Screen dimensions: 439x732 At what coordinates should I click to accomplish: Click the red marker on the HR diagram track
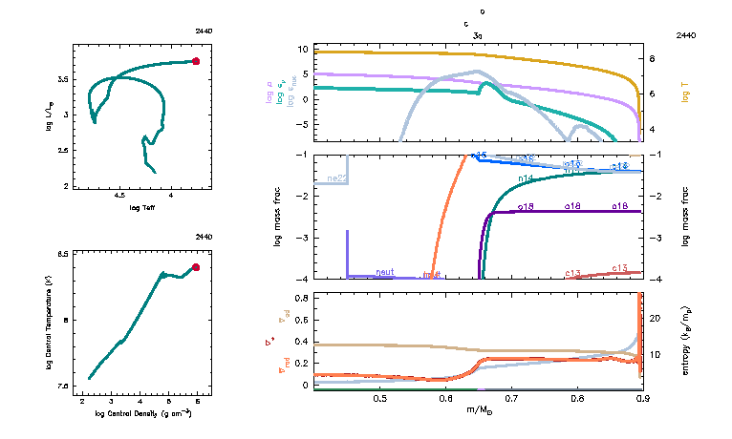click(196, 61)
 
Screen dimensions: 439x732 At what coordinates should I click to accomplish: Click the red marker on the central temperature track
click(196, 267)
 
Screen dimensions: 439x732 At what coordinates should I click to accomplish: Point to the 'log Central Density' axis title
click(143, 412)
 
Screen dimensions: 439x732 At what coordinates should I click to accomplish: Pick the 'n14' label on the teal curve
click(525, 178)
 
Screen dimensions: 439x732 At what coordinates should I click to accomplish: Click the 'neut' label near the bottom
click(385, 272)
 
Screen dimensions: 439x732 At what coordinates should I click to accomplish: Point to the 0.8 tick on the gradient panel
click(302, 298)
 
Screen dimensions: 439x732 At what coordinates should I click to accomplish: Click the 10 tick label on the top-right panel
click(302, 49)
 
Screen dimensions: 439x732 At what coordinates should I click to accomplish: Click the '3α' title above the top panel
click(477, 34)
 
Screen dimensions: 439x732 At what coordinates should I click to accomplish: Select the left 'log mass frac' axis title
click(278, 217)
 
